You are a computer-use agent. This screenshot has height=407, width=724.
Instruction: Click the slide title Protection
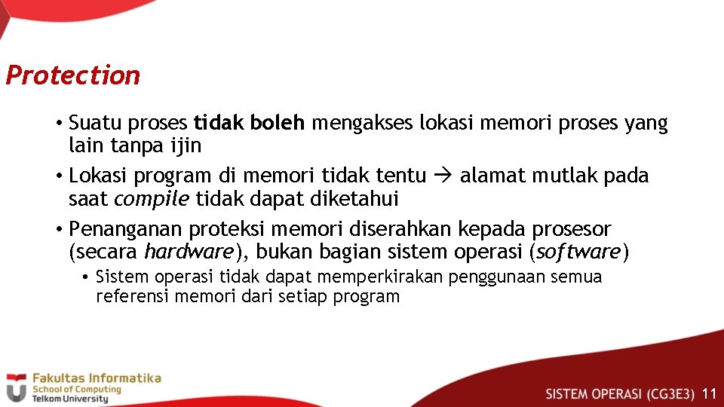[x=72, y=75]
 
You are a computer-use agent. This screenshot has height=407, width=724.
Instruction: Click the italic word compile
[x=152, y=199]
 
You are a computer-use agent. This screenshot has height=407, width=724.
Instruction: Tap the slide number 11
[x=708, y=393]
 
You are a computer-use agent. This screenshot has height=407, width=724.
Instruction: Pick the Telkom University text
[x=69, y=399]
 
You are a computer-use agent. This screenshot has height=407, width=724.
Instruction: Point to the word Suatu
[x=92, y=123]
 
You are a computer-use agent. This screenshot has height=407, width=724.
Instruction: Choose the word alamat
[x=493, y=176]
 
